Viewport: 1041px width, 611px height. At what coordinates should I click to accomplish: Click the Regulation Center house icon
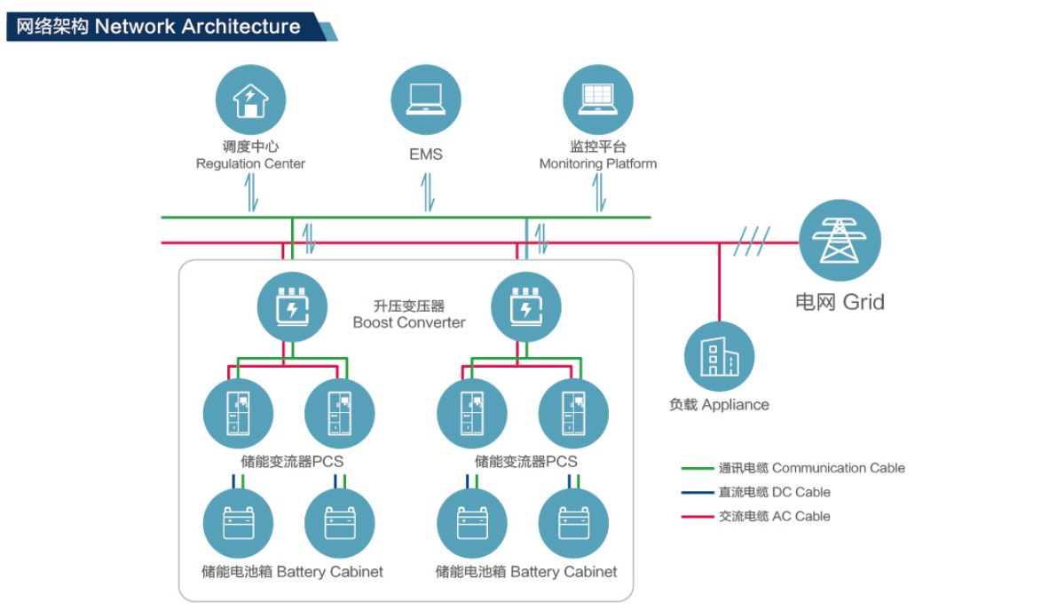(251, 99)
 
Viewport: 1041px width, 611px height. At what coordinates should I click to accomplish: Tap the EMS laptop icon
(426, 99)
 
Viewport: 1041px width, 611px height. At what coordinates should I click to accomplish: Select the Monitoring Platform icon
(598, 99)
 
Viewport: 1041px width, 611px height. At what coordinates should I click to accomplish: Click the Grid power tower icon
(840, 240)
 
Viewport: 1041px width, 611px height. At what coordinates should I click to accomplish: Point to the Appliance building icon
(719, 357)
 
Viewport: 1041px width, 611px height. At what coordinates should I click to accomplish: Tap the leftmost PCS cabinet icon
(238, 414)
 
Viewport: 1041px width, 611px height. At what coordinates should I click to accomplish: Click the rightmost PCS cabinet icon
(573, 414)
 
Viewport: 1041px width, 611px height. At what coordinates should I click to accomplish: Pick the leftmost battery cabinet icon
(238, 523)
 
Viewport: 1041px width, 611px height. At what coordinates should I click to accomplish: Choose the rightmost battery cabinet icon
(573, 523)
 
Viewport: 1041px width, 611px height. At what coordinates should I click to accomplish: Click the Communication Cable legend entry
(793, 468)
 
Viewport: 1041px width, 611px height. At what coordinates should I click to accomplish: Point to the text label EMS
(426, 155)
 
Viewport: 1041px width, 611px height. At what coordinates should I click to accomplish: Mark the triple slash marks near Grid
(751, 242)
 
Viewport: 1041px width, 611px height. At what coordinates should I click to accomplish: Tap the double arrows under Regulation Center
(252, 192)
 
